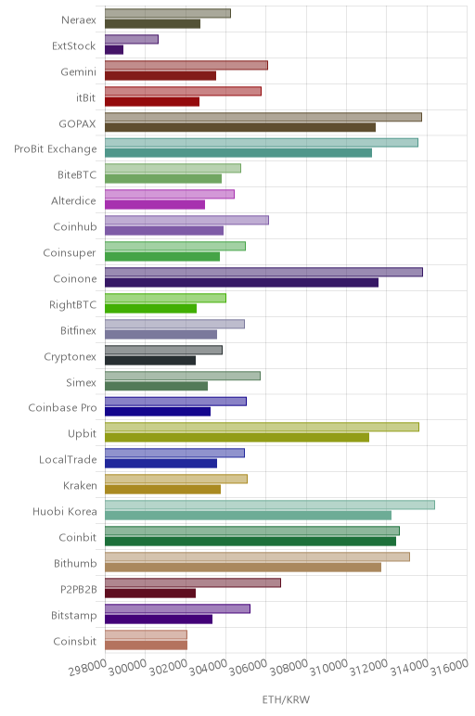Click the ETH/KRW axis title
click(286, 699)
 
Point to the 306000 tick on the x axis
click(248, 668)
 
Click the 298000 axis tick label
click(88, 668)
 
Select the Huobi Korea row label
click(64, 511)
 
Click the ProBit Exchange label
click(56, 149)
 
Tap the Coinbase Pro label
click(62, 407)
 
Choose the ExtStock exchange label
click(73, 45)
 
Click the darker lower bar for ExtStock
click(114, 50)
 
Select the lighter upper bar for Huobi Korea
click(270, 505)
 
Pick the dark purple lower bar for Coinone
click(241, 283)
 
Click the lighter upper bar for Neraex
click(168, 13)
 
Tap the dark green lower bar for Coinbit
click(250, 541)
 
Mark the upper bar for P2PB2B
click(193, 582)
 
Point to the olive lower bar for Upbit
click(237, 438)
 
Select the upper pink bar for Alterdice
click(170, 194)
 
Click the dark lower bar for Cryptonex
click(150, 360)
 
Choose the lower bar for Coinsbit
click(147, 645)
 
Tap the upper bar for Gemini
click(186, 65)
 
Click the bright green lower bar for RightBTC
click(150, 308)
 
